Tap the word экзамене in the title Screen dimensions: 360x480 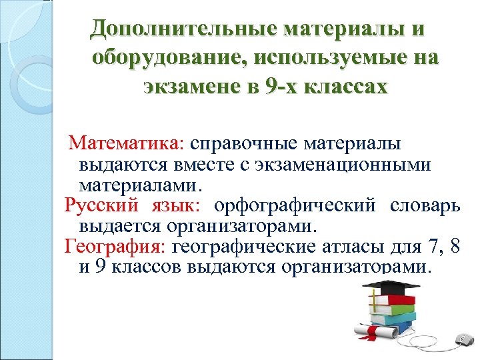[x=194, y=87]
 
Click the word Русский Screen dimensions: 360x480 [x=101, y=205]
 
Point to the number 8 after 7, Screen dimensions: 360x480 [x=454, y=248]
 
